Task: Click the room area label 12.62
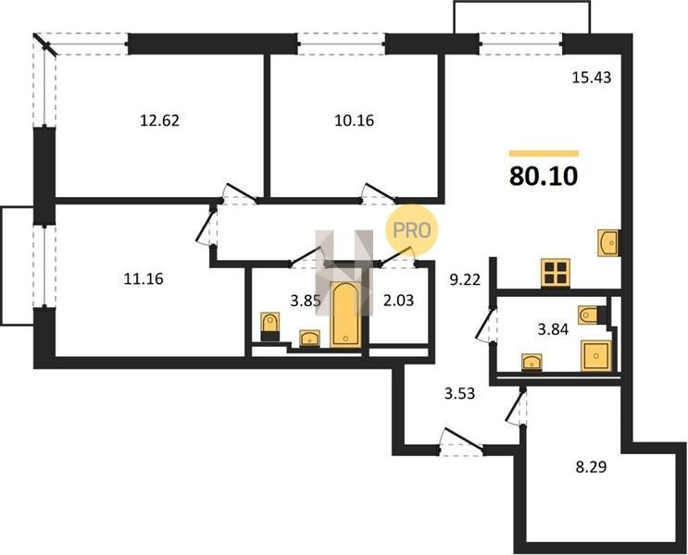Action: coord(159,120)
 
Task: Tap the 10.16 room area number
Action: coord(354,120)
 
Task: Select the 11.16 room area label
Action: coord(143,278)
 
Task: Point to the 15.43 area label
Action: coord(592,78)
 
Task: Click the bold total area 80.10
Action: coord(544,177)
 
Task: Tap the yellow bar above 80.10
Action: coord(544,154)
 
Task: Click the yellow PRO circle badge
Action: coord(411,230)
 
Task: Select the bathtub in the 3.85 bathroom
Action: coord(345,314)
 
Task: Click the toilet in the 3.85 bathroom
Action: coord(269,327)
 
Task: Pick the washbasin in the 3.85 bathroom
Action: coord(310,339)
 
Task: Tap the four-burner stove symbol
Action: coord(556,273)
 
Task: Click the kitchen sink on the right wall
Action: coord(609,243)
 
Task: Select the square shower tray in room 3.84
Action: coord(595,355)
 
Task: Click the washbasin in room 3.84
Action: coord(532,362)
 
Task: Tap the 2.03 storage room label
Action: coord(399,301)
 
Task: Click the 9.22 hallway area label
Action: coord(465,278)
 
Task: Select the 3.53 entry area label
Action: coord(460,394)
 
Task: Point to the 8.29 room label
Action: coord(591,467)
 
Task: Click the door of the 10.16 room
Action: coord(379,192)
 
